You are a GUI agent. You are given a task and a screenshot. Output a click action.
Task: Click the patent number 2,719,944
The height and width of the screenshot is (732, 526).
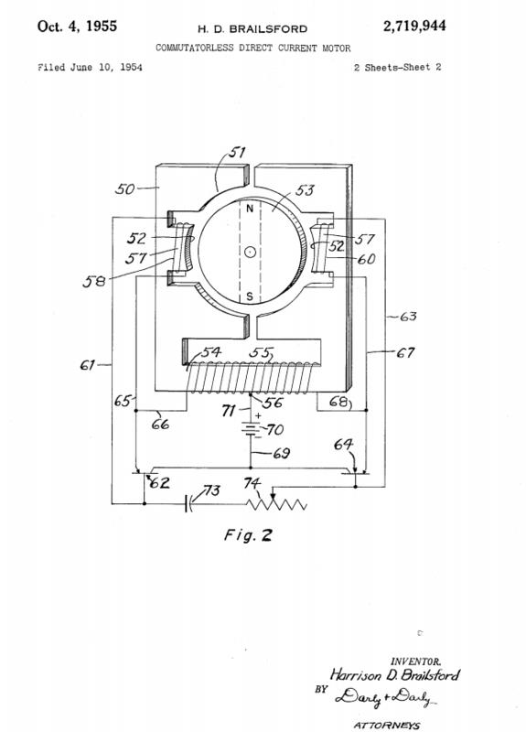[x=414, y=27]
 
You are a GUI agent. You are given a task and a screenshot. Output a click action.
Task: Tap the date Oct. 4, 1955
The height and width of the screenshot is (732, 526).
[x=77, y=27]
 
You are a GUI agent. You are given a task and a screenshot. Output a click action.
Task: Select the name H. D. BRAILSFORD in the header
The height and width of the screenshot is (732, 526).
[x=252, y=29]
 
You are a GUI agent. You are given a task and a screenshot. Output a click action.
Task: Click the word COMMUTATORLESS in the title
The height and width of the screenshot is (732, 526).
[x=195, y=48]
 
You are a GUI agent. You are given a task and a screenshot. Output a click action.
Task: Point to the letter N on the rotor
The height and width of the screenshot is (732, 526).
[x=250, y=209]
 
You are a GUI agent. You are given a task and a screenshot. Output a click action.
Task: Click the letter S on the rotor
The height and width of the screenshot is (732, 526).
[x=250, y=296]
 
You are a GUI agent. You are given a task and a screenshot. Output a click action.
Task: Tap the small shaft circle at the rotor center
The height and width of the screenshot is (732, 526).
[x=250, y=253]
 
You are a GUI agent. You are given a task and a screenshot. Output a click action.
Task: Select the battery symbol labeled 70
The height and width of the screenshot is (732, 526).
[x=251, y=429]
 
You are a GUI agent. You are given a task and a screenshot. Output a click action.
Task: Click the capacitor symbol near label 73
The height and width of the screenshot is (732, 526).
[x=188, y=504]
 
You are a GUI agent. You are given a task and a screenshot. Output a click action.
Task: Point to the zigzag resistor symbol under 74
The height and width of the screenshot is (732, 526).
[x=276, y=504]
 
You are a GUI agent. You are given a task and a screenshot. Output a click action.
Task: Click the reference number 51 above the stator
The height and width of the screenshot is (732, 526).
[x=237, y=153]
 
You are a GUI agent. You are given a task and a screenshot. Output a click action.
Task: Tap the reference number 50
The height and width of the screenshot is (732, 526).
[x=124, y=189]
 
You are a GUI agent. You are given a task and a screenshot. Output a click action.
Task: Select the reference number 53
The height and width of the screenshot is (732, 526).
[x=305, y=190]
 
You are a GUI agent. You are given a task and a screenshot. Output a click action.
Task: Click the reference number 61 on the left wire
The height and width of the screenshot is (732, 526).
[x=87, y=364]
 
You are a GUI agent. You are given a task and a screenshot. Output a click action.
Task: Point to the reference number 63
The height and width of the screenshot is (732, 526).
[x=408, y=317]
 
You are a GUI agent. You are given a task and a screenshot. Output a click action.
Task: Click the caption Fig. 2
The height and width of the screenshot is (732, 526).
[x=248, y=535]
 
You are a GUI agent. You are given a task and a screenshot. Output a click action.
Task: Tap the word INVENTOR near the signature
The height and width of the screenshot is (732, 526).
[x=415, y=661]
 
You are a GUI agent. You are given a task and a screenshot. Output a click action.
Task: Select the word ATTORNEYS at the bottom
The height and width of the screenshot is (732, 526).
[x=386, y=725]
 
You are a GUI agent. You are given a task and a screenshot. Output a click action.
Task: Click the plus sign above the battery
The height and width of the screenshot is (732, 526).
[x=259, y=415]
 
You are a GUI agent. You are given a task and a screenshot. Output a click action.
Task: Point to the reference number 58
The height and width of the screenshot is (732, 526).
[x=94, y=282]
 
